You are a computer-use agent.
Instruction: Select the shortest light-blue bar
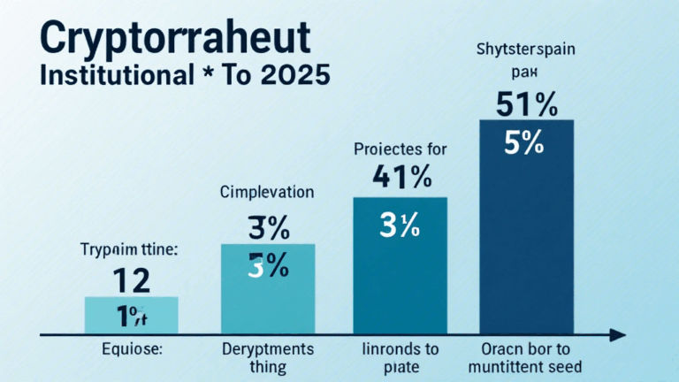pyautogui.click(x=131, y=314)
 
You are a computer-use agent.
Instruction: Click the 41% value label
pyautogui.click(x=401, y=179)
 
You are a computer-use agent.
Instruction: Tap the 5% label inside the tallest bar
pyautogui.click(x=525, y=143)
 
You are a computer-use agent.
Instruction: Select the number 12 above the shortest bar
pyautogui.click(x=130, y=280)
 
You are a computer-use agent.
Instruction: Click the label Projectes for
pyautogui.click(x=400, y=149)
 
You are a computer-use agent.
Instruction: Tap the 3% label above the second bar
pyautogui.click(x=266, y=229)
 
